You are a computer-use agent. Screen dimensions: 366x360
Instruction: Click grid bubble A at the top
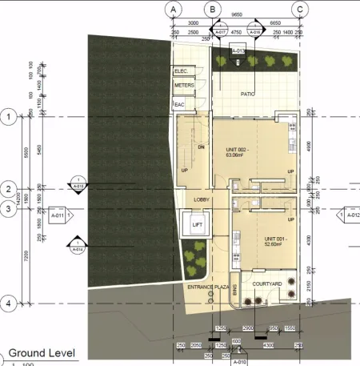point(172,9)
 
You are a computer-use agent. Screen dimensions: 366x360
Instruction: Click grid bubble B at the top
point(212,9)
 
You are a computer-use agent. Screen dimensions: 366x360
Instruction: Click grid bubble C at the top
point(300,9)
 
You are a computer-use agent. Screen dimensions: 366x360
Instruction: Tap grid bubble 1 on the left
point(9,117)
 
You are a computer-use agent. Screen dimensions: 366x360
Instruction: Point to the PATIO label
point(248,94)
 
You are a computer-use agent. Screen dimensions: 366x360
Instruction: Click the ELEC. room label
point(181,71)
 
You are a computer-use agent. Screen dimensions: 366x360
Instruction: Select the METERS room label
point(184,84)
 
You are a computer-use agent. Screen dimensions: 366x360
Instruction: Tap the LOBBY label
point(202,199)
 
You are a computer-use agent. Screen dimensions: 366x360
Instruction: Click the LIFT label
point(197,225)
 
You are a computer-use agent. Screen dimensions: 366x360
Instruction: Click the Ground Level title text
point(42,352)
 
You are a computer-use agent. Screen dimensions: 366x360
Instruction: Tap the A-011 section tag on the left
point(58,215)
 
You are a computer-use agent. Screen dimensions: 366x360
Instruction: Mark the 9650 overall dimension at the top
point(236,14)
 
